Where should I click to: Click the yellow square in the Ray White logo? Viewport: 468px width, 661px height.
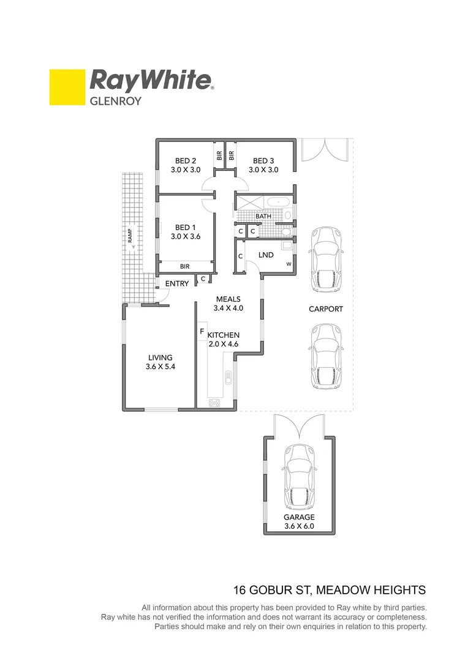click(x=67, y=87)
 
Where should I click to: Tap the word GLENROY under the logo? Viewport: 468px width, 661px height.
click(x=116, y=102)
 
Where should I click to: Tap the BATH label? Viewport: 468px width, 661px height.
click(x=263, y=216)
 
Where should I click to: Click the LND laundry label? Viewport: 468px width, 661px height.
click(x=266, y=255)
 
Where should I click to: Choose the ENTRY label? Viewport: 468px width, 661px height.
click(x=177, y=283)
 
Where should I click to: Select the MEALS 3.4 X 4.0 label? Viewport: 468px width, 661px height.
click(x=228, y=304)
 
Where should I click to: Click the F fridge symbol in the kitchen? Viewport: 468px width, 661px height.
click(x=202, y=331)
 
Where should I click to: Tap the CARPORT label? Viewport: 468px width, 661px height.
click(x=326, y=309)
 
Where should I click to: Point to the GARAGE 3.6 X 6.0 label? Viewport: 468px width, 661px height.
click(x=300, y=521)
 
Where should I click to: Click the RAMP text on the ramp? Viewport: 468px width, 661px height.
click(x=131, y=236)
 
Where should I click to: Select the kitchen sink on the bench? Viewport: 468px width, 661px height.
click(x=228, y=378)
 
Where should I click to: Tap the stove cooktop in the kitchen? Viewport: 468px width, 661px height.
click(x=214, y=402)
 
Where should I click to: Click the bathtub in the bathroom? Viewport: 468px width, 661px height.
click(x=281, y=203)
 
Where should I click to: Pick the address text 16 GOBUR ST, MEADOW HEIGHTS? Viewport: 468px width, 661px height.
click(x=330, y=591)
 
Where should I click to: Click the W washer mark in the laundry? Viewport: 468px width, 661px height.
click(x=289, y=264)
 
